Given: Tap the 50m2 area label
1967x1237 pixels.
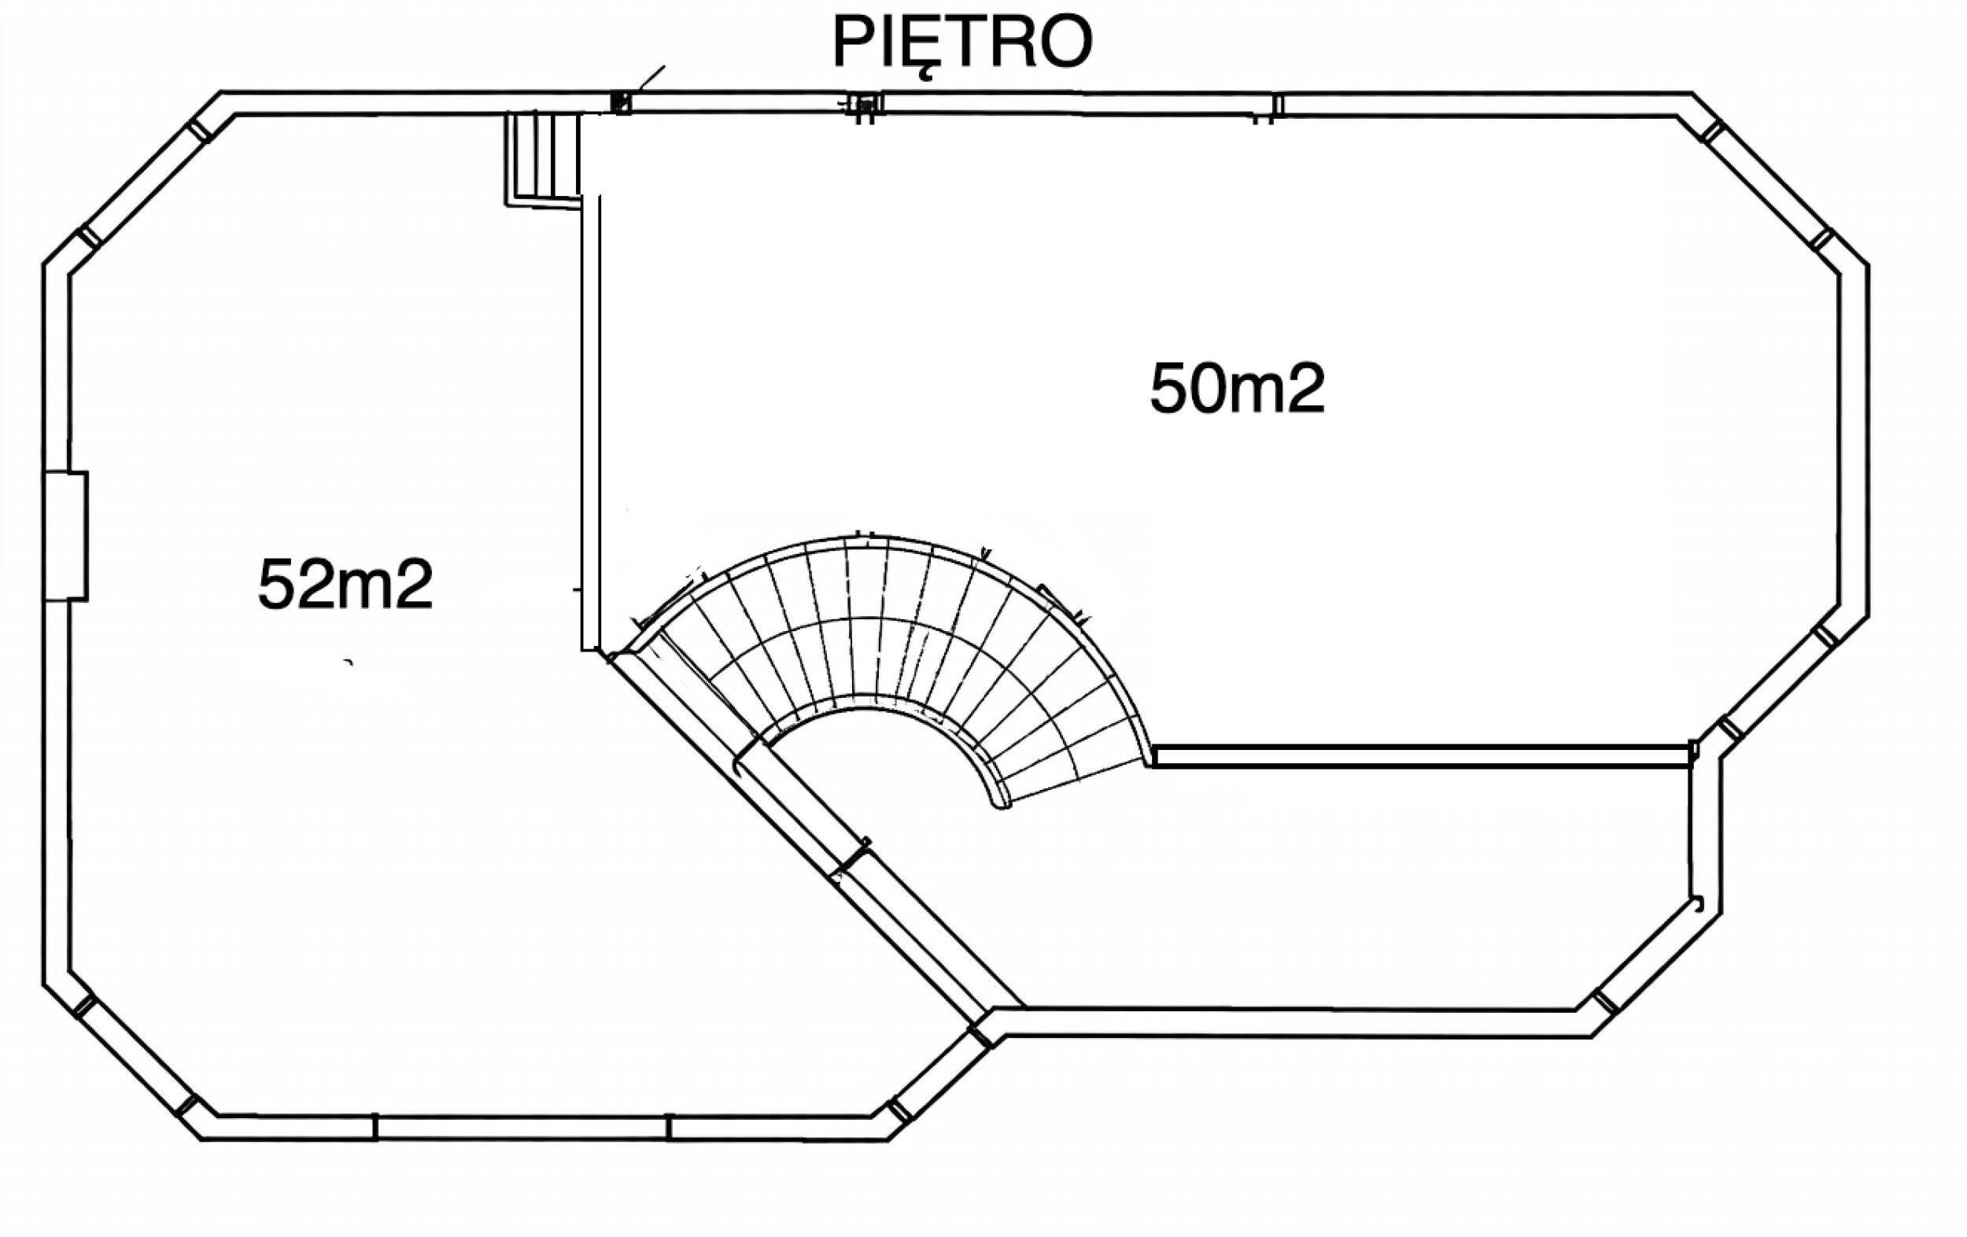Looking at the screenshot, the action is click(x=1237, y=389).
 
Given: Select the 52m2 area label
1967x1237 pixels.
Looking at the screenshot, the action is click(x=345, y=584).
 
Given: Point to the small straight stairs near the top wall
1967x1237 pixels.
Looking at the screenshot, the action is click(x=543, y=158).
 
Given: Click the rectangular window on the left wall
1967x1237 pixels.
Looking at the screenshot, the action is click(x=65, y=536).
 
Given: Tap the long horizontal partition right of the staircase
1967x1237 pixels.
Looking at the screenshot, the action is click(x=1421, y=755).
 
